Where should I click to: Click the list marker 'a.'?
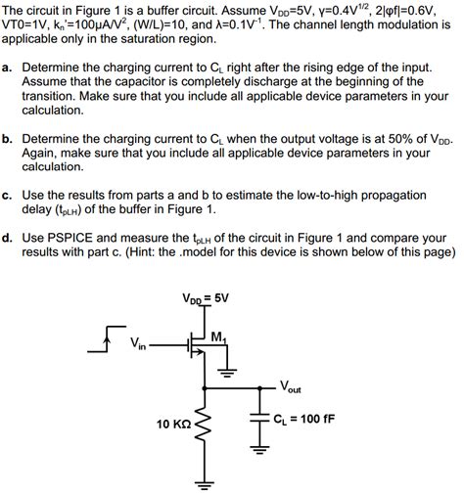[x=7, y=68]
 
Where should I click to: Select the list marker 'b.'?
[x=7, y=140]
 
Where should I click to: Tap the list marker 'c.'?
[x=7, y=195]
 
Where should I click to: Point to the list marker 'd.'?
[x=7, y=236]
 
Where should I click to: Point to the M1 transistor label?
[x=218, y=337]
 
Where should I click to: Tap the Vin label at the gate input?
[x=140, y=343]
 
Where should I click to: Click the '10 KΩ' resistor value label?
[x=174, y=425]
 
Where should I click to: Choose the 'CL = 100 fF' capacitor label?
[x=304, y=418]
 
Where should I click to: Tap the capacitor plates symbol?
[x=260, y=417]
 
